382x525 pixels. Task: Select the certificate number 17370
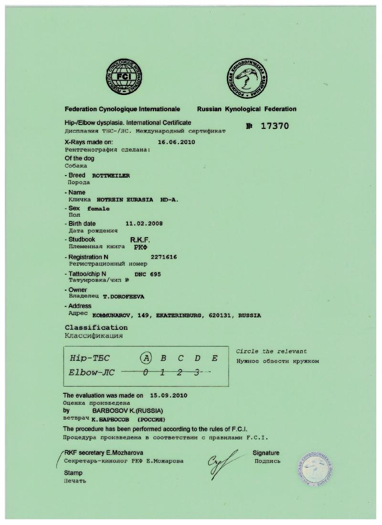tap(275, 126)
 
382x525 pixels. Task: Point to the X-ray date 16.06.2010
tap(176, 142)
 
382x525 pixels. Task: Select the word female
tap(98, 209)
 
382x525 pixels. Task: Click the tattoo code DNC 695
tap(148, 274)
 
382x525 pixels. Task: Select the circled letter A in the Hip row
tap(147, 358)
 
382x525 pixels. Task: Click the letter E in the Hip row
tap(214, 358)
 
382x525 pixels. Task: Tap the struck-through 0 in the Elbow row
tap(146, 372)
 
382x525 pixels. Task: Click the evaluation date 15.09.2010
tap(169, 396)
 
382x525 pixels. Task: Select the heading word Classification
tap(96, 328)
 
